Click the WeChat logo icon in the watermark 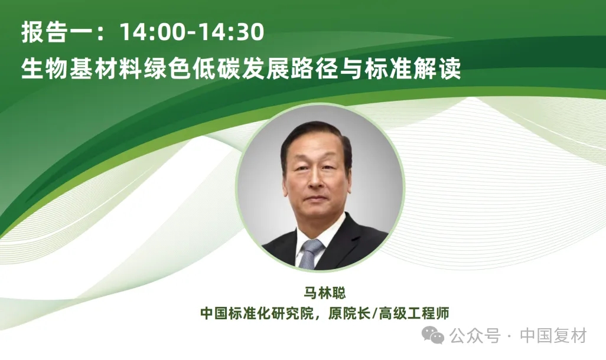[x=436, y=336]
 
